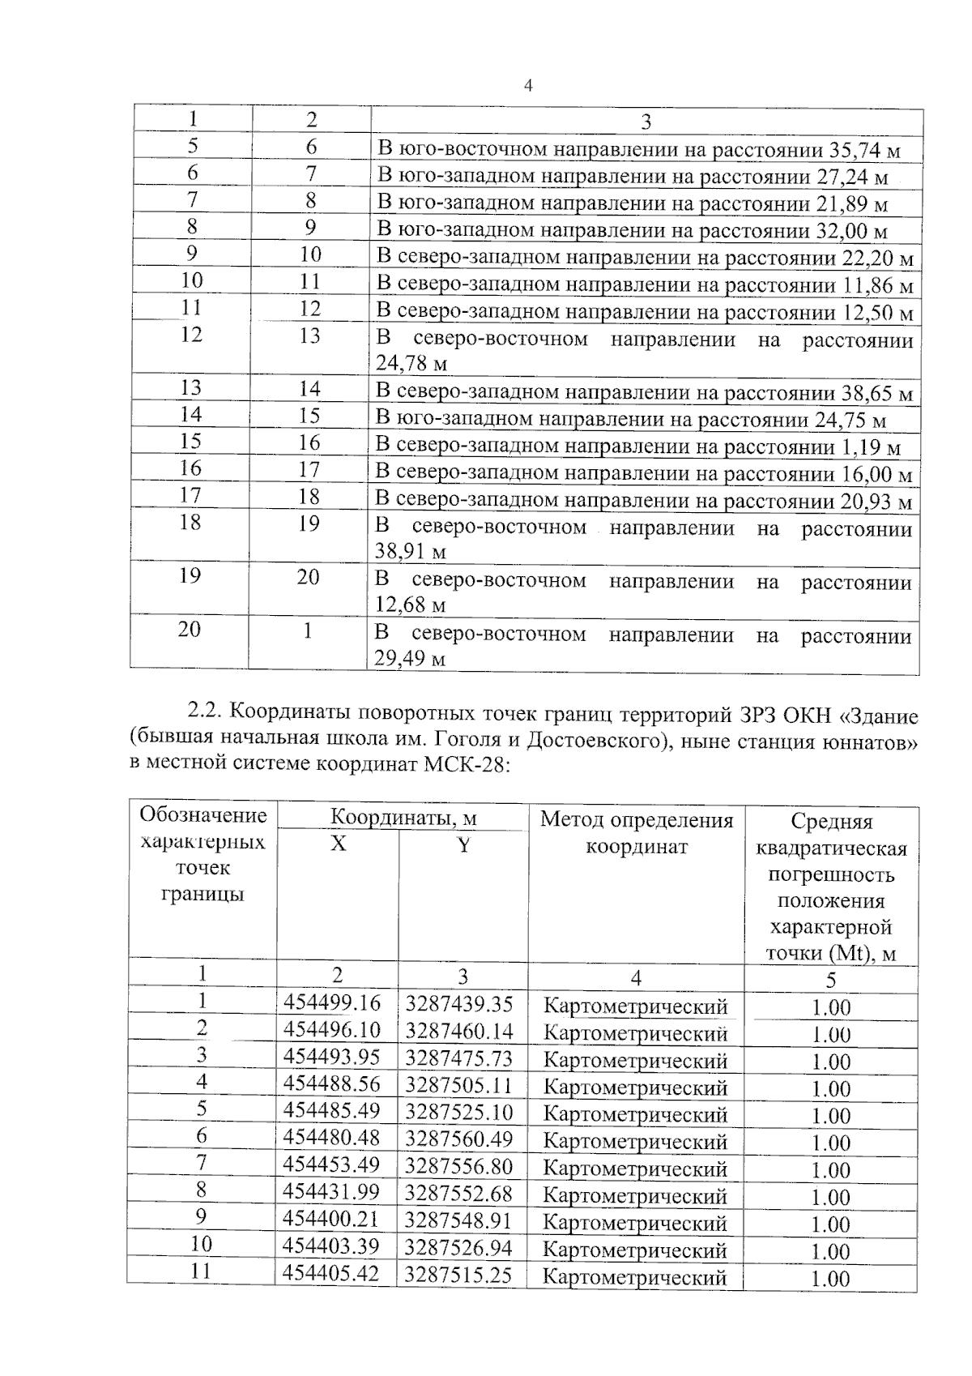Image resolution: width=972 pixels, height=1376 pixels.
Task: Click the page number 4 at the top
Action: pyautogui.click(x=528, y=86)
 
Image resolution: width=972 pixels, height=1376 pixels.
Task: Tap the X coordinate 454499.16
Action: pyautogui.click(x=331, y=1002)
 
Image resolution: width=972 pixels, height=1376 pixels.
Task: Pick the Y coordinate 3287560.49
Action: pyautogui.click(x=458, y=1139)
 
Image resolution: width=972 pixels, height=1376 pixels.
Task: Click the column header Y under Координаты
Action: pyautogui.click(x=463, y=845)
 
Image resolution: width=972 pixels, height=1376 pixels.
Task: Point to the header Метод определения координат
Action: pyautogui.click(x=636, y=833)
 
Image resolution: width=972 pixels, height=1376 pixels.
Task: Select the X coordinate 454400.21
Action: pyautogui.click(x=331, y=1219)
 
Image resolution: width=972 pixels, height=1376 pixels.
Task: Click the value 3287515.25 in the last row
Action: pyautogui.click(x=458, y=1276)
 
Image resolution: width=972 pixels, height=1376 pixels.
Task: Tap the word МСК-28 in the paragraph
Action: pyautogui.click(x=465, y=765)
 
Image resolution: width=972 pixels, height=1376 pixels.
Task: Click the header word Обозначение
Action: pyautogui.click(x=203, y=814)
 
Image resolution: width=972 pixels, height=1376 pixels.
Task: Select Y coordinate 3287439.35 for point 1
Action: pyautogui.click(x=458, y=1004)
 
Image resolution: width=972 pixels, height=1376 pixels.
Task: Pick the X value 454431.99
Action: pyautogui.click(x=331, y=1192)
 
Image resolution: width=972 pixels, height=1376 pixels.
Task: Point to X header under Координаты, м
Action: pyautogui.click(x=338, y=844)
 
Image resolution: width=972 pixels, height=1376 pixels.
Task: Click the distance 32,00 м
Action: pyautogui.click(x=849, y=232)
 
